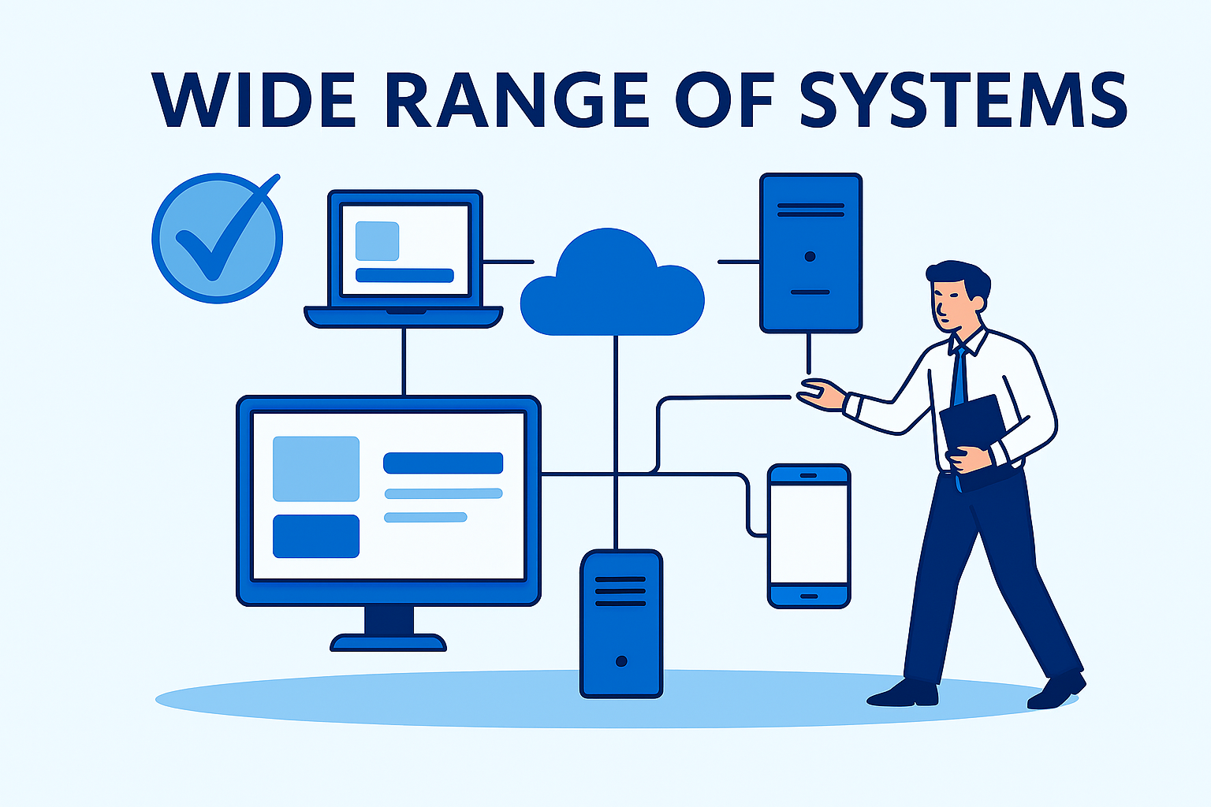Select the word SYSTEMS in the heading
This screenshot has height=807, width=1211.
(963, 100)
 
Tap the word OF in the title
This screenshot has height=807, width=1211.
(725, 100)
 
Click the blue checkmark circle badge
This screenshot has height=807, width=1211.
(217, 238)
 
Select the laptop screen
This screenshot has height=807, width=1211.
(404, 249)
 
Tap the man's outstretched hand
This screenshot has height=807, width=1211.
(820, 393)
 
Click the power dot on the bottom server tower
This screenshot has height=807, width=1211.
(621, 661)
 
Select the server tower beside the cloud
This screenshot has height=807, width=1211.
(810, 252)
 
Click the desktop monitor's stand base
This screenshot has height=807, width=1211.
(388, 642)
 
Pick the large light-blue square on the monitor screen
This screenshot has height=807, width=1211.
(315, 469)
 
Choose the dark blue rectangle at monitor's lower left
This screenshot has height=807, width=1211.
(315, 536)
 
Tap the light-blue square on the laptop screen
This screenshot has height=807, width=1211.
(377, 240)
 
